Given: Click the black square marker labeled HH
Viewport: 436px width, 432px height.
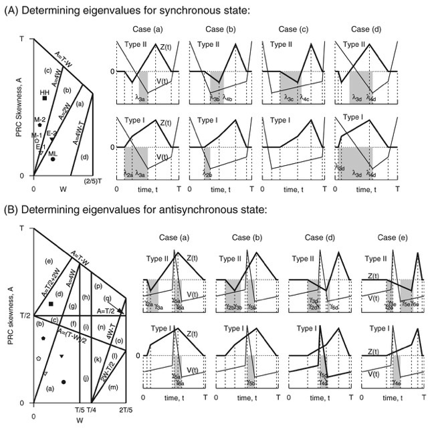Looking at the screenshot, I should point(44,98).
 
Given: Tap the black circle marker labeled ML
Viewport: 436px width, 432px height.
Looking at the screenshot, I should point(53,159).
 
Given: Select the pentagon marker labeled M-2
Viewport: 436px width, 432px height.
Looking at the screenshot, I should point(40,125).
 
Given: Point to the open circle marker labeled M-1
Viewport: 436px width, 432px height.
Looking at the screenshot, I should point(37,140).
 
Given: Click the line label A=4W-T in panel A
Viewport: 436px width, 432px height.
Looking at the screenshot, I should point(78,131).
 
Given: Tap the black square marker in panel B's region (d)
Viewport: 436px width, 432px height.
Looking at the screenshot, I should point(51,304).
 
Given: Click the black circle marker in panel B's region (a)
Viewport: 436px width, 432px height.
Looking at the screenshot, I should point(64,382).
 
